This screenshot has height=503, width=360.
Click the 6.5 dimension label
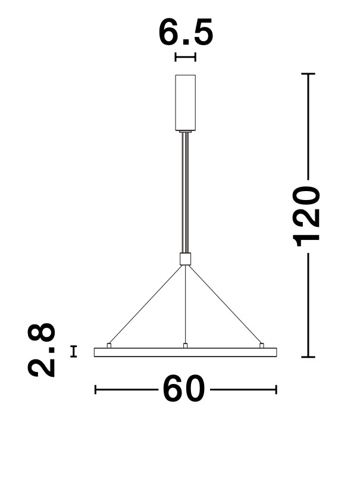[186, 32]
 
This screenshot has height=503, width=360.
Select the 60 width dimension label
[184, 389]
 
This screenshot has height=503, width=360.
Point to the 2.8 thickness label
[42, 350]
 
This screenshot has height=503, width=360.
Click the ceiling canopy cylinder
[185, 102]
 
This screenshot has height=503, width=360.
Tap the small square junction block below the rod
[185, 259]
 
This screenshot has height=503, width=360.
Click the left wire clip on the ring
[109, 345]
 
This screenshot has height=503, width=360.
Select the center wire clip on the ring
[185, 345]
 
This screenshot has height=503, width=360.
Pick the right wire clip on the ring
[262, 345]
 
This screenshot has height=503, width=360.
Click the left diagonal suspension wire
[146, 304]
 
